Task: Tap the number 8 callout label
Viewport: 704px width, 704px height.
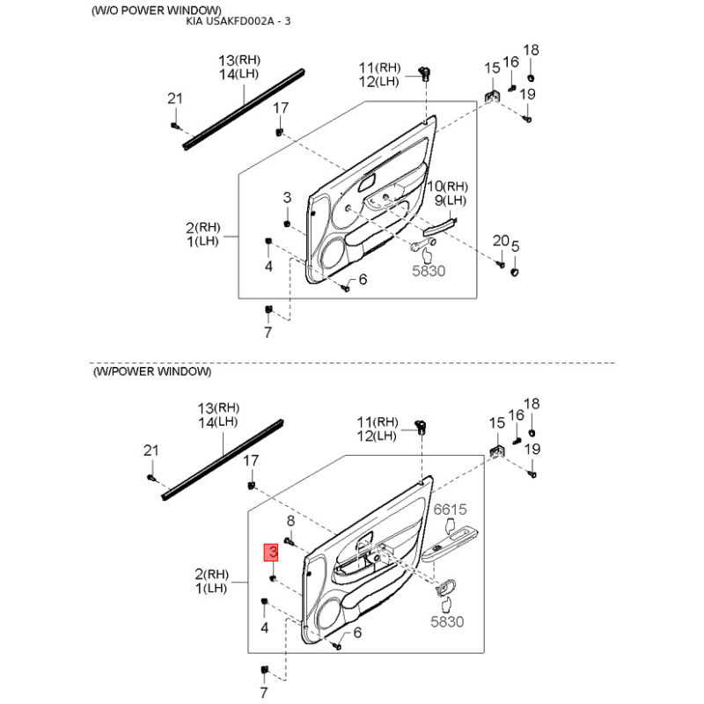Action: [x=291, y=521]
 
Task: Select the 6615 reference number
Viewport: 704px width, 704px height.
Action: [x=450, y=510]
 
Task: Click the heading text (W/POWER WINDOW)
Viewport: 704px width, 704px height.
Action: [x=151, y=371]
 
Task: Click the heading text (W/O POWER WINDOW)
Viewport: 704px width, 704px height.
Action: [x=157, y=10]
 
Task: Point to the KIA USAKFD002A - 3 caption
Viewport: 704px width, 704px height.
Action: [x=238, y=21]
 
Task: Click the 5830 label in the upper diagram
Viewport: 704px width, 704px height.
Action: [x=429, y=271]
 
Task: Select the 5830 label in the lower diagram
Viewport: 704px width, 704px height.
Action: [x=447, y=621]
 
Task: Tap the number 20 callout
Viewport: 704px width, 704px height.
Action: [x=501, y=240]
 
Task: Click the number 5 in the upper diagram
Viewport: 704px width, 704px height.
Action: [x=516, y=246]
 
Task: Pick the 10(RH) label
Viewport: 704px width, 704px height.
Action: [x=447, y=186]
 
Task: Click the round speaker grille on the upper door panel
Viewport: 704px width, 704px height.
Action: [x=333, y=254]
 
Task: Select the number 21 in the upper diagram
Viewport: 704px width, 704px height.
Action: [x=175, y=99]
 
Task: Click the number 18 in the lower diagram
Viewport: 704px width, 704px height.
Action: [x=532, y=404]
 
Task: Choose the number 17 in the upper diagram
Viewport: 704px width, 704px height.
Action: [x=281, y=107]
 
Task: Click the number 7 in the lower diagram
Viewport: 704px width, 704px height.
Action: [x=264, y=693]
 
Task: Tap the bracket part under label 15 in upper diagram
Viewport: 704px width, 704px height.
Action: [x=491, y=96]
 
